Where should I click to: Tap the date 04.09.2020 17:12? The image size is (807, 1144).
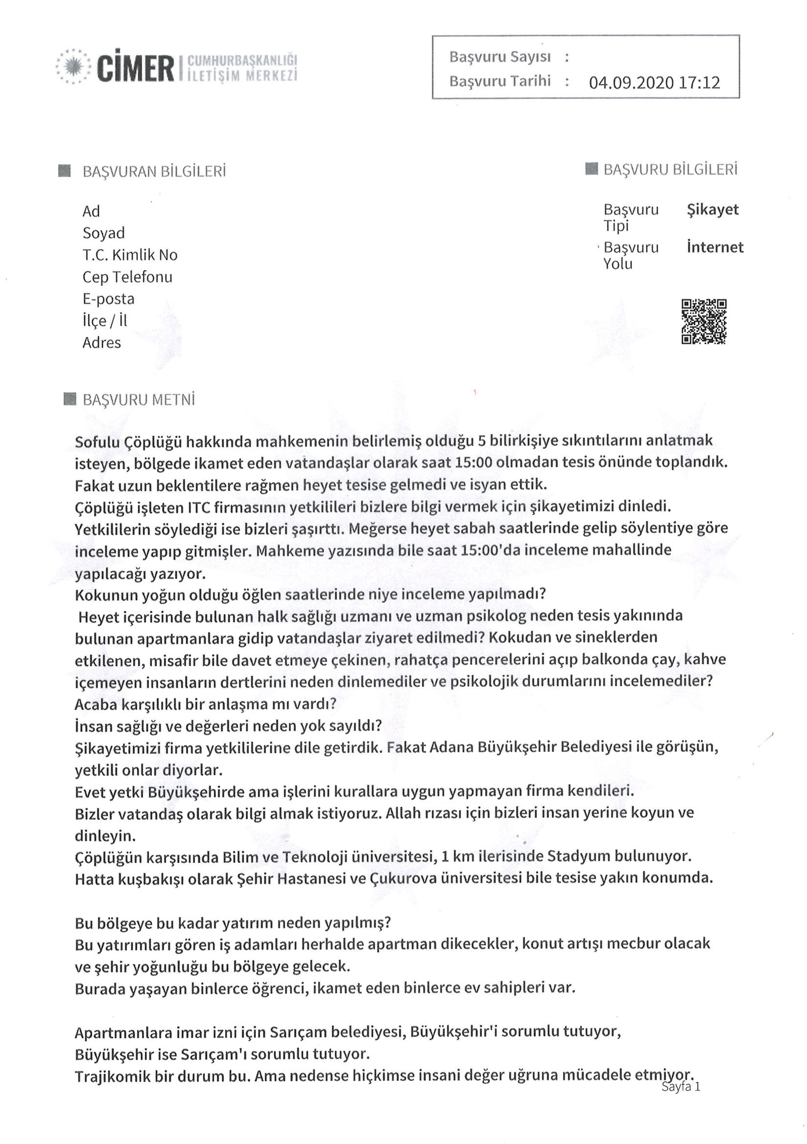(x=654, y=82)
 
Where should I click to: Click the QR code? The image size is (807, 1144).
(x=704, y=321)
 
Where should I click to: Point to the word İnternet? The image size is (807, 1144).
(x=715, y=247)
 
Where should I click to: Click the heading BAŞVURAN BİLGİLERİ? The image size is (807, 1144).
(x=154, y=171)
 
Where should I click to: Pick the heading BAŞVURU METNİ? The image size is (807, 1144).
(x=138, y=400)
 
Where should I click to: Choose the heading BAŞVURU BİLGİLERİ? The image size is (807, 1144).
(x=670, y=169)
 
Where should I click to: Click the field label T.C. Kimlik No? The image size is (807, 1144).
(x=130, y=255)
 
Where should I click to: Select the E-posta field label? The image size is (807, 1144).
(x=108, y=299)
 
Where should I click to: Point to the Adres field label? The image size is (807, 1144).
(x=102, y=343)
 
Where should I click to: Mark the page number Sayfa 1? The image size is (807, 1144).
(x=680, y=1087)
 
